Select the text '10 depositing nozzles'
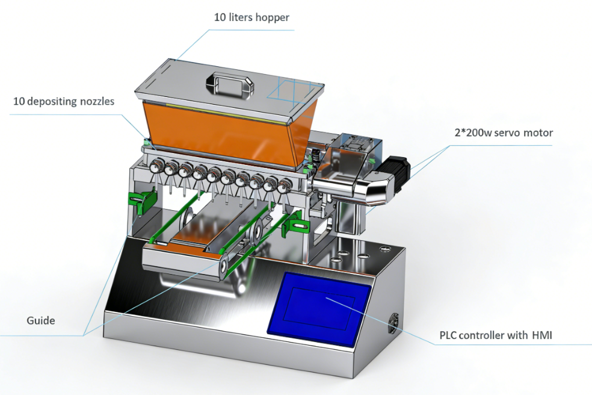click(64, 101)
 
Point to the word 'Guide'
click(40, 321)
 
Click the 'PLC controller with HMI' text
click(504, 335)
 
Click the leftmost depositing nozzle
click(155, 169)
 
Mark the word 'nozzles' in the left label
click(97, 101)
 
